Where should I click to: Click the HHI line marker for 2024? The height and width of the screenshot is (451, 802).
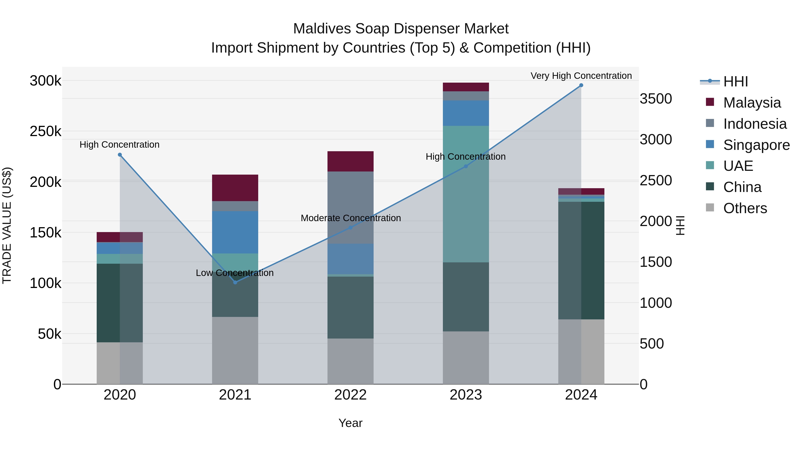coord(581,85)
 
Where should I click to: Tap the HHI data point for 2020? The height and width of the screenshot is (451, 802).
coord(120,155)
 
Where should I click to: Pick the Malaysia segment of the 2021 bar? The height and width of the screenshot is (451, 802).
coord(235,188)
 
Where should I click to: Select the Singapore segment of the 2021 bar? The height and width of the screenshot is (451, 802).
coord(235,232)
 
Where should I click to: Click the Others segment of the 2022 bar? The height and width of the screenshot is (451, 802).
coord(350,361)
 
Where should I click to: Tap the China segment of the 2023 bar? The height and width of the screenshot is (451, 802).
coord(466,297)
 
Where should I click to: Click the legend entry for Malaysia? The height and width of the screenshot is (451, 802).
coord(752,103)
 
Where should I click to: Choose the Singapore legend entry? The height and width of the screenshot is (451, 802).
coord(756,145)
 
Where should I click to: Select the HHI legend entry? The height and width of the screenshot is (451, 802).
coord(735,82)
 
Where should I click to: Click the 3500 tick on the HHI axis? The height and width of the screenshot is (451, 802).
coord(656,99)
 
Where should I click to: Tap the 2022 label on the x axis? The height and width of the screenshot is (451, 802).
coord(350,395)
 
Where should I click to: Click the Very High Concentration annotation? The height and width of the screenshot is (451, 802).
coord(581,76)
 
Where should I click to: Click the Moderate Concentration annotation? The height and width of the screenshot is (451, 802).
coord(351,218)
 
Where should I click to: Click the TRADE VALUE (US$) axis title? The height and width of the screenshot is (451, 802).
coord(7,225)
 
